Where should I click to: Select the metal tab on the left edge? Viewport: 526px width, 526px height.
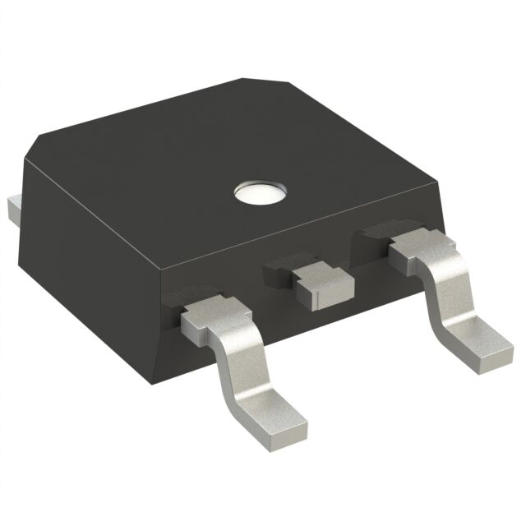(11, 210)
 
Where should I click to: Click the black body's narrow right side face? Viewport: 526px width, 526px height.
(449, 205)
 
